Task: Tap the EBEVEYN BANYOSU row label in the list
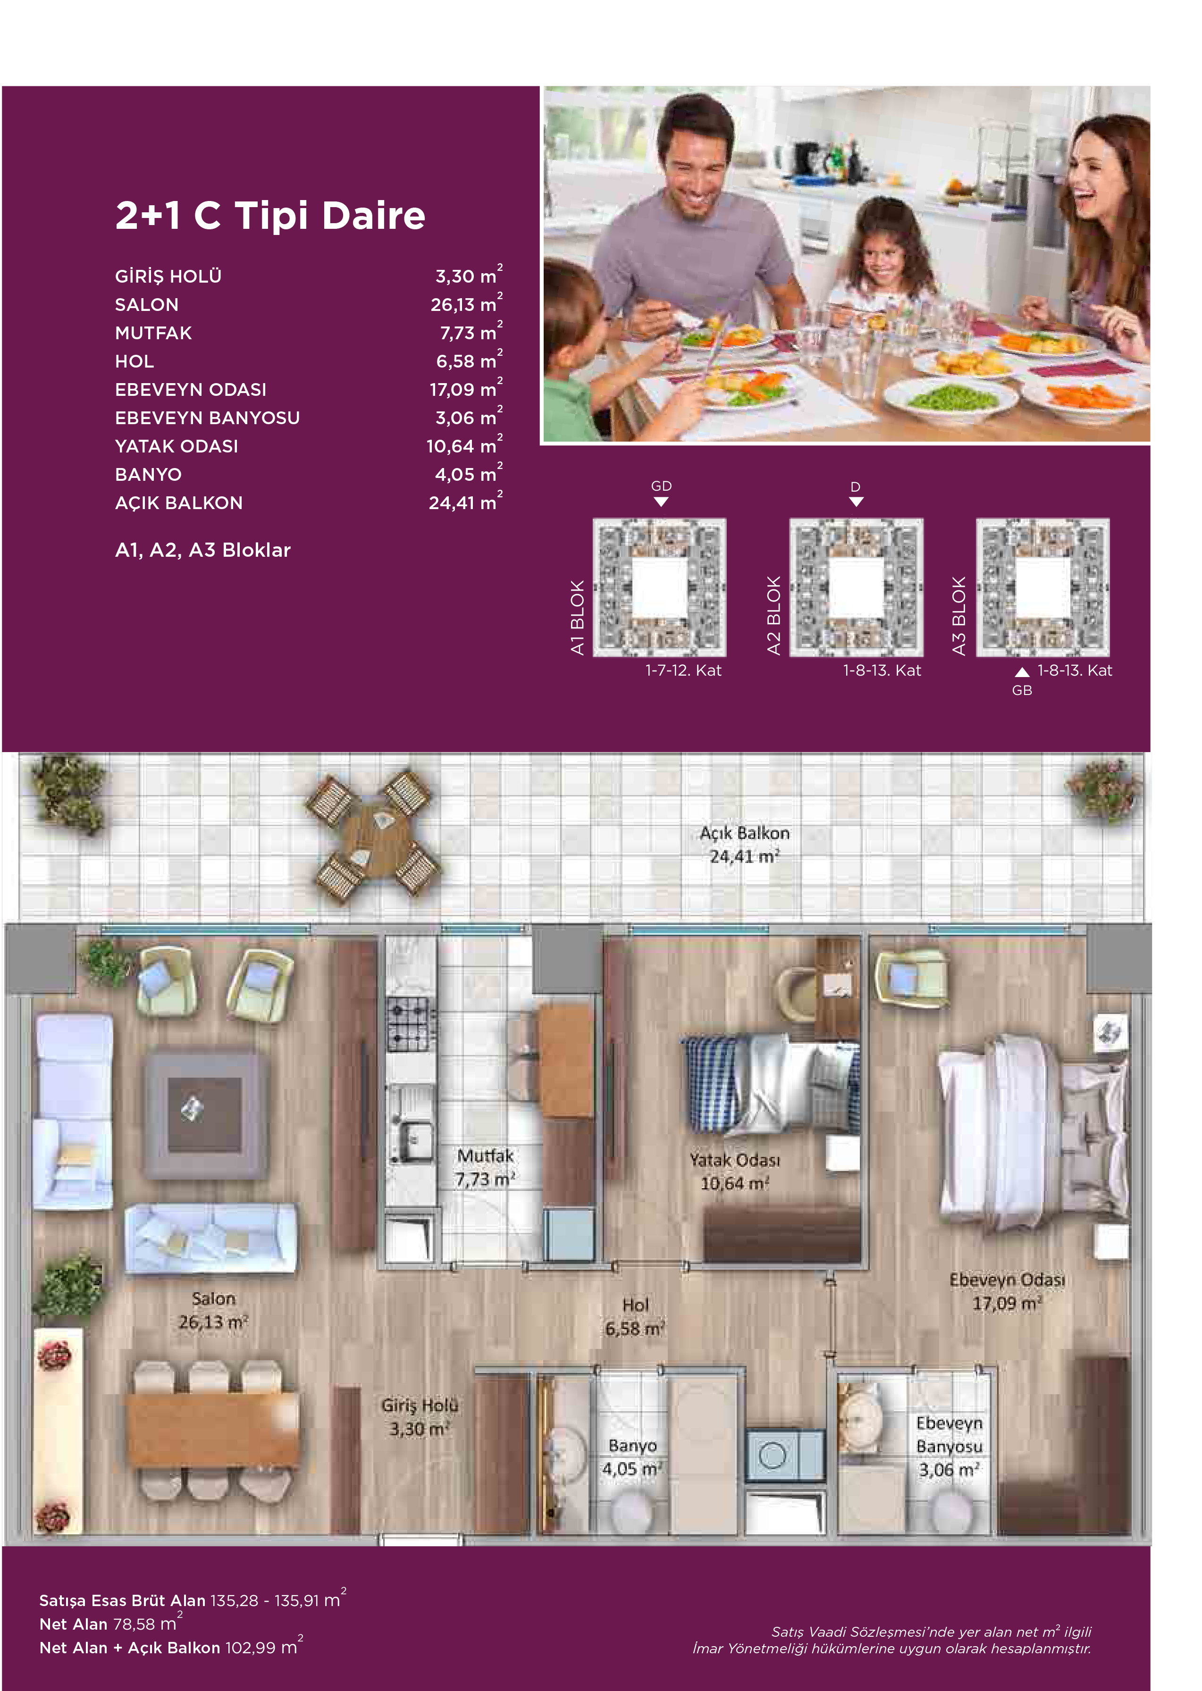tap(207, 418)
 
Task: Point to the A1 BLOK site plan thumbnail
tap(659, 587)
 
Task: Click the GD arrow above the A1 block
tap(662, 502)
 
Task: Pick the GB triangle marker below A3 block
tap(1022, 672)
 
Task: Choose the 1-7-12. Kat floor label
tap(683, 670)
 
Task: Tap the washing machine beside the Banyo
tap(784, 1455)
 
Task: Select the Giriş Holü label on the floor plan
tap(420, 1416)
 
